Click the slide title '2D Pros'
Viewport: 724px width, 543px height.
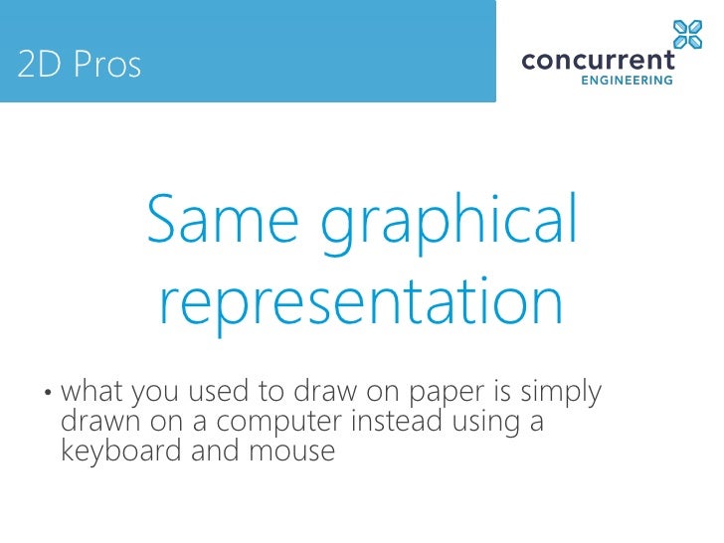tap(80, 66)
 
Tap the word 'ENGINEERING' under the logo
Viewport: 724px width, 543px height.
tap(627, 82)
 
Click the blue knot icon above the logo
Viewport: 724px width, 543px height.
tap(687, 34)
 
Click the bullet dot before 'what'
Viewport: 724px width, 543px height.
tap(47, 394)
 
